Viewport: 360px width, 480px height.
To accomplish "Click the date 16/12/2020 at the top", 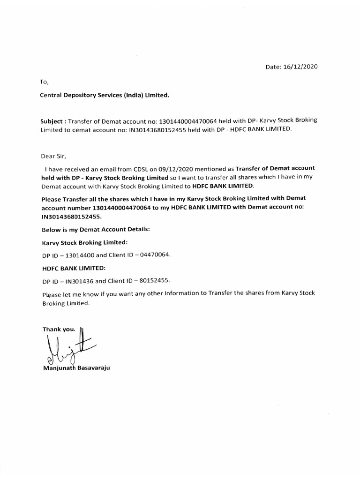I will [x=300, y=67].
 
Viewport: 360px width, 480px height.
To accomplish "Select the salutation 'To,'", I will [x=44, y=82].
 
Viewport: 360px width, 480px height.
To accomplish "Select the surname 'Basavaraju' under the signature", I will [x=93, y=368].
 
